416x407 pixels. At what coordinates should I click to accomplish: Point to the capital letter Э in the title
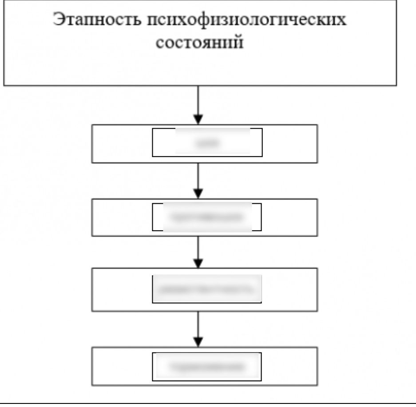[58, 20]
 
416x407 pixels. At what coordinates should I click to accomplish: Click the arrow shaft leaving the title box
[198, 100]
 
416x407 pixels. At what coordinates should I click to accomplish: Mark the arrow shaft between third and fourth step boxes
[198, 324]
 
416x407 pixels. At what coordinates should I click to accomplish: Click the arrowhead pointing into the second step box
[198, 194]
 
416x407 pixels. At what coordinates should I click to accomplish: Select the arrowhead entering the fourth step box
[198, 342]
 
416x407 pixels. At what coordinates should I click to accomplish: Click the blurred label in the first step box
[207, 143]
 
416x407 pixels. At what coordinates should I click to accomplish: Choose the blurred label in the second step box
[207, 217]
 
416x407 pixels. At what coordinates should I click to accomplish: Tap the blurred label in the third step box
[207, 289]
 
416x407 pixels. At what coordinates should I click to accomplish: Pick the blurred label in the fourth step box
[207, 367]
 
